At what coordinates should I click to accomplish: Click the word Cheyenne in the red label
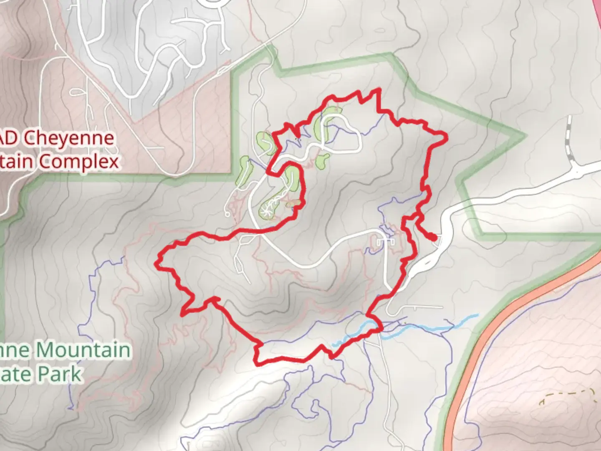(68, 138)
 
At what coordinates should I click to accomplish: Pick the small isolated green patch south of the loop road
(323, 159)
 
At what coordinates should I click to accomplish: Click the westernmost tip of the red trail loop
(157, 262)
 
